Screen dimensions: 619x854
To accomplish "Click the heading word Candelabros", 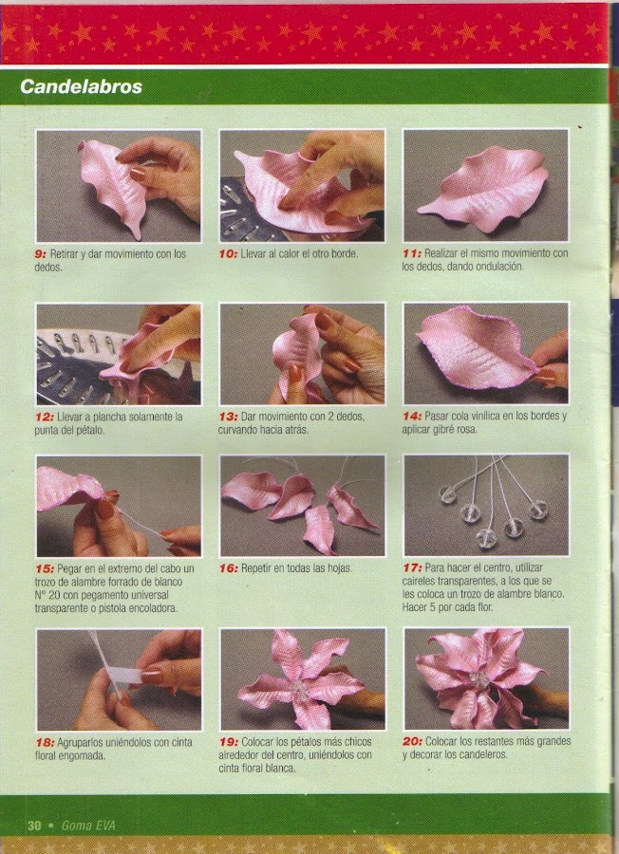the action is pos(82,86).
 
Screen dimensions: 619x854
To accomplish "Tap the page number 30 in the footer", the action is pos(34,826).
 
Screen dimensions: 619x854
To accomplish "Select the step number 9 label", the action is pos(41,253).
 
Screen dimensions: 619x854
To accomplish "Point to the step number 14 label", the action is pos(412,417).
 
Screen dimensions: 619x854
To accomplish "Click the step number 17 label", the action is pos(412,568).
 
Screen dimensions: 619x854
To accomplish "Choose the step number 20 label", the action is pos(412,741).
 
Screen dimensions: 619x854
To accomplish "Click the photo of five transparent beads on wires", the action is pos(486,506).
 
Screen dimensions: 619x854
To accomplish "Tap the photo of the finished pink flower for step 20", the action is pos(486,678).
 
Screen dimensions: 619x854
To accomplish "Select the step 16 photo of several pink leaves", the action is pos(303,506).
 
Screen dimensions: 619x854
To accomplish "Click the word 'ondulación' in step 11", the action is pos(498,267).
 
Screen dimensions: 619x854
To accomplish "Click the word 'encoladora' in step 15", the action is pos(153,608).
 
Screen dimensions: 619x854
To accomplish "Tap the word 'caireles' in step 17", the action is pos(422,581).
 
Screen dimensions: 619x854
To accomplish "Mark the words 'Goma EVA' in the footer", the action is pos(88,826).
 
